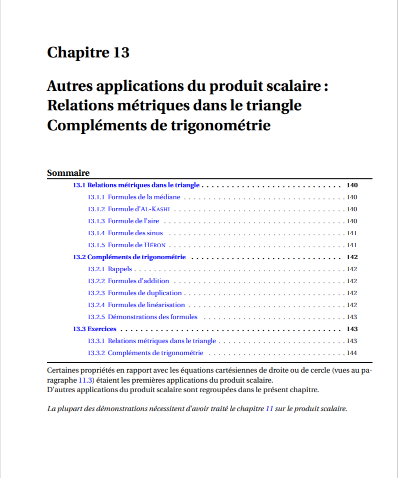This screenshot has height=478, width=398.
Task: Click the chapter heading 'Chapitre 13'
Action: point(88,52)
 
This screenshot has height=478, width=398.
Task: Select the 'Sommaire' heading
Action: point(68,173)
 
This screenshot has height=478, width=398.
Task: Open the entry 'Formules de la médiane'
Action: point(144,197)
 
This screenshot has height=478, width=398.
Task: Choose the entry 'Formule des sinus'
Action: point(135,233)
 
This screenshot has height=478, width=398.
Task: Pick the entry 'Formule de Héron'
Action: point(136,245)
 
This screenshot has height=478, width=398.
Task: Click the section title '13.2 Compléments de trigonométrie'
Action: point(129,257)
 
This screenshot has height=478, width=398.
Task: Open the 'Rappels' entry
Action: point(120,269)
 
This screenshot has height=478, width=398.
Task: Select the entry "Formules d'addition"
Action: point(138,281)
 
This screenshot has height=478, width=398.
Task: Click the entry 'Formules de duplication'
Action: point(145,293)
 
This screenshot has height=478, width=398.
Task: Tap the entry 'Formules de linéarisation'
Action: point(146,305)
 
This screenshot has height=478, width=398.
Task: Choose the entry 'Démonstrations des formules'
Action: point(152,317)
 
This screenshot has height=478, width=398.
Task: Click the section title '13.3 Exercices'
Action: point(94,329)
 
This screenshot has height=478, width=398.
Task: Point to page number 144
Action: point(352,353)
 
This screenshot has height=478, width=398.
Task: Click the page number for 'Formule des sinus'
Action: point(352,233)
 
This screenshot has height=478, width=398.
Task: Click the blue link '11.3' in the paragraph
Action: point(85,380)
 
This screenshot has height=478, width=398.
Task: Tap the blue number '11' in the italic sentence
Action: point(269,409)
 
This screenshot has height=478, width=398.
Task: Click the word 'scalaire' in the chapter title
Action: point(294,86)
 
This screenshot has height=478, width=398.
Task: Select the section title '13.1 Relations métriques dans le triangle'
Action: point(136,185)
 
